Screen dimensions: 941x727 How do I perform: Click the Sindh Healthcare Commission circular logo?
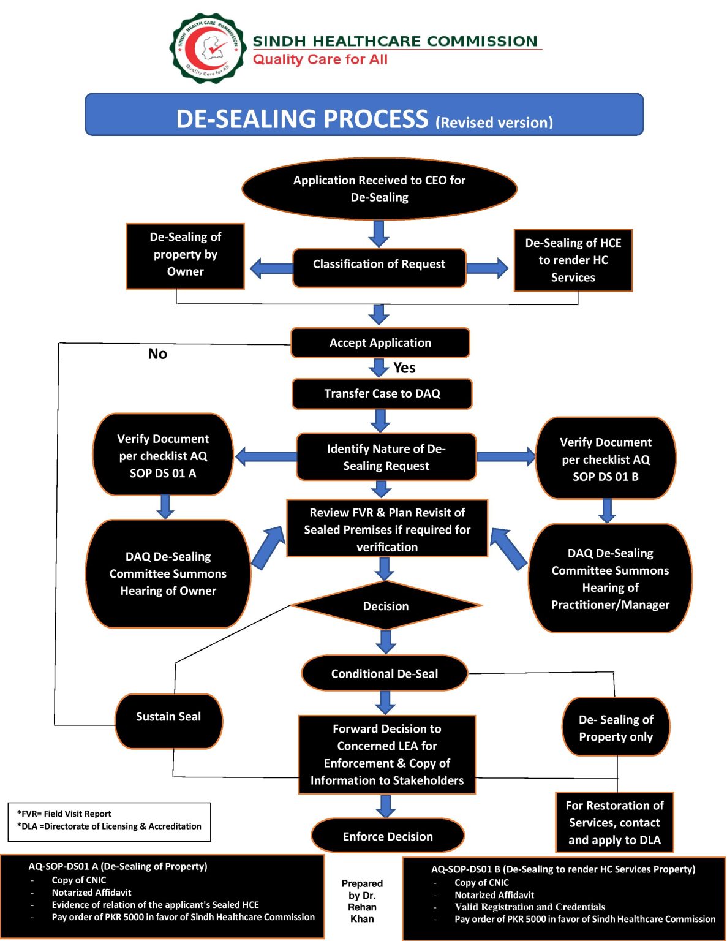tap(208, 48)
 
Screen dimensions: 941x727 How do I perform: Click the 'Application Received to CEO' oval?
tap(379, 189)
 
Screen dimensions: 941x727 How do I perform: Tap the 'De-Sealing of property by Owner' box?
tap(185, 255)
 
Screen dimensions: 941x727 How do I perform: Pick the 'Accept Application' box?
tap(380, 343)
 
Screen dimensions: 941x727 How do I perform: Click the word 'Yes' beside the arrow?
tap(404, 368)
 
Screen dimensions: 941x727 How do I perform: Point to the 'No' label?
tap(157, 354)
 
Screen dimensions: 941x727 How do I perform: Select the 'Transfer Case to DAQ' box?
tap(382, 394)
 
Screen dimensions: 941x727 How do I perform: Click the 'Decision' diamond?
tap(386, 606)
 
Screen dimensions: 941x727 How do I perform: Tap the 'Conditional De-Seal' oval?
tap(385, 673)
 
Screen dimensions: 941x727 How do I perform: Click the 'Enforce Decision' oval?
tap(388, 836)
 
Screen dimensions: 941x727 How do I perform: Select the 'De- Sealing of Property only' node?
tap(616, 727)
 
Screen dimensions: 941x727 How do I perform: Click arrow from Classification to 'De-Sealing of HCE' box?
tap(487, 268)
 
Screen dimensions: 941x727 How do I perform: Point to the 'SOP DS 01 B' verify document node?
tap(606, 459)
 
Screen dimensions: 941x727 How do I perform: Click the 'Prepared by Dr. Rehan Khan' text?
tap(362, 901)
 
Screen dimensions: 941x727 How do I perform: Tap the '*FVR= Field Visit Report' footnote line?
tap(64, 814)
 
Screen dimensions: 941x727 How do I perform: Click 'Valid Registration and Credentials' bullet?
tap(530, 907)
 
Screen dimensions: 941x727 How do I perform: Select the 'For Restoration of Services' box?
tap(614, 822)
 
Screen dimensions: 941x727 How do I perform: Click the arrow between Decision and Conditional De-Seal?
tap(386, 641)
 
